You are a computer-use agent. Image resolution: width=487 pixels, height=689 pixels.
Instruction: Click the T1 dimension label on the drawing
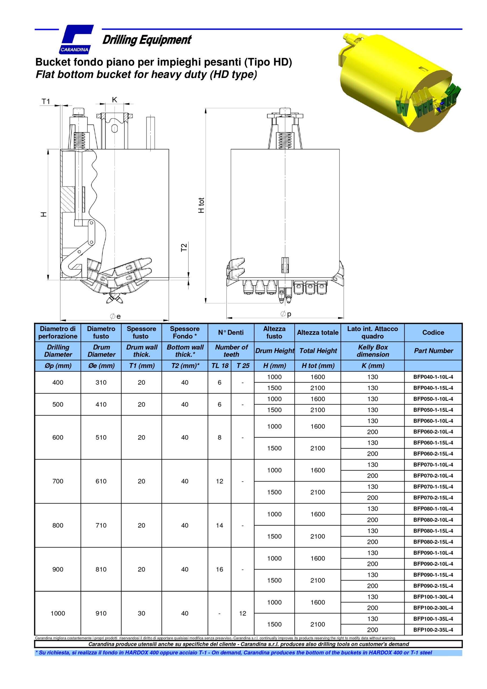46,101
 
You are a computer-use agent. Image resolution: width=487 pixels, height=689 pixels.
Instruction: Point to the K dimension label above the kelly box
114,100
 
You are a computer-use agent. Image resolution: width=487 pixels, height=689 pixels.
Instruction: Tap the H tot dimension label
201,205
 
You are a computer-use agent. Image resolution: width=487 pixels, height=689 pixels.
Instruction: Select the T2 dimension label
184,247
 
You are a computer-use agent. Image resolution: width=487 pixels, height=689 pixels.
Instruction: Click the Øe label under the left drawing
115,316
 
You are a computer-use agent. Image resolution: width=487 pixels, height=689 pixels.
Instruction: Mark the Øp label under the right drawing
286,314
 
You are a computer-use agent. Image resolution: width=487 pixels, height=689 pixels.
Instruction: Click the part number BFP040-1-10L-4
433,377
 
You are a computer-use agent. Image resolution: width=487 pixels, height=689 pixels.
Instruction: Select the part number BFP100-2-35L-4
433,630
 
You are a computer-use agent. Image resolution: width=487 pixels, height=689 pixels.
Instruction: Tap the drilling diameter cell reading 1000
58,613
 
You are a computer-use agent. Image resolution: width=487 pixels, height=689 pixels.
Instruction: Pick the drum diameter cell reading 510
101,438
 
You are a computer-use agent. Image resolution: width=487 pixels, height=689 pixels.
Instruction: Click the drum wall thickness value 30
141,613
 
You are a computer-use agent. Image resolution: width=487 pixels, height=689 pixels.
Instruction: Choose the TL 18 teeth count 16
219,569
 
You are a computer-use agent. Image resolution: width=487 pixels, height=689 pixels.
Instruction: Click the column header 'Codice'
433,332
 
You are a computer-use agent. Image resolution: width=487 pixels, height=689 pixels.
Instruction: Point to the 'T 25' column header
243,366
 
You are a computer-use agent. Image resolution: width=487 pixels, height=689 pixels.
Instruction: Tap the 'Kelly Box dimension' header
373,351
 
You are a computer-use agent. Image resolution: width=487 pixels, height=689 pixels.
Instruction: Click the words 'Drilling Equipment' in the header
147,40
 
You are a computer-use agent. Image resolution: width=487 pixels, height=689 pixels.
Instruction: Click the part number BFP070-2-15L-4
433,498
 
